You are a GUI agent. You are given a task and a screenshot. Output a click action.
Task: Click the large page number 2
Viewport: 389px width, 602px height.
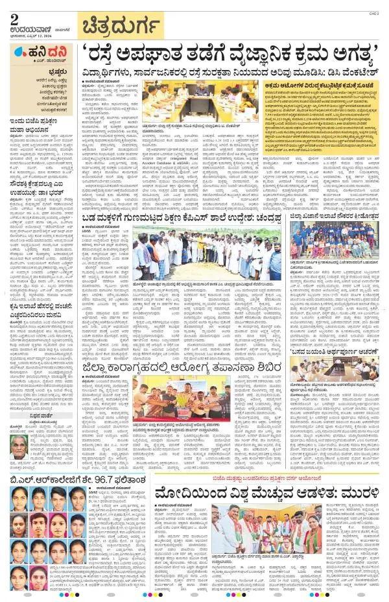[x=15, y=18]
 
